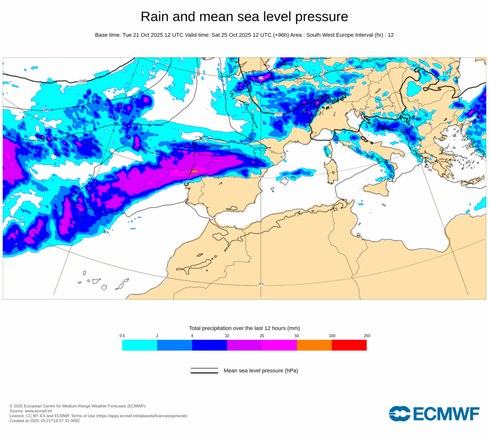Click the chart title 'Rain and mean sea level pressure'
point(244,17)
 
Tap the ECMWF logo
point(434,414)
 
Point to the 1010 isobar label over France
point(278,114)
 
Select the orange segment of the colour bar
point(314,345)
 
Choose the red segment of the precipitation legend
point(349,345)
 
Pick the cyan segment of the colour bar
point(139,345)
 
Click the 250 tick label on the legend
point(367,336)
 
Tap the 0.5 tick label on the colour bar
point(122,336)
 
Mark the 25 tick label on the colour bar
point(262,336)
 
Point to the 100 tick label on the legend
point(332,336)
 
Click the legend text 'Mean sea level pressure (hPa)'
point(261,371)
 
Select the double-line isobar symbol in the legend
point(204,371)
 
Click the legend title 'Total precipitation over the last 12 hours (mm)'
point(244,328)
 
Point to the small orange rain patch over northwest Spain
point(195,171)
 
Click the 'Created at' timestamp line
point(44,421)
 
